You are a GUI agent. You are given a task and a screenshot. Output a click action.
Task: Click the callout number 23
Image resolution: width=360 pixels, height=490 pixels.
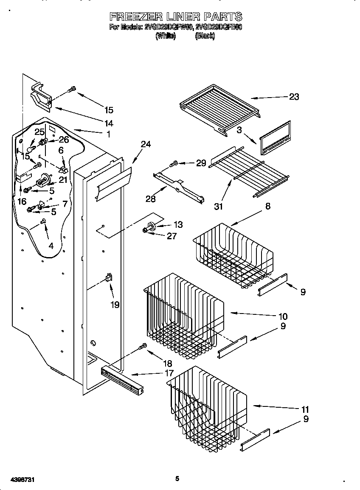[x=294, y=97]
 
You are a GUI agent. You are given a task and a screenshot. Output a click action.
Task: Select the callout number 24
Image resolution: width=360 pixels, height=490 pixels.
[x=146, y=144]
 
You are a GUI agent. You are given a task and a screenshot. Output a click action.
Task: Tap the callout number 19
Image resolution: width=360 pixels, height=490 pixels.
[x=115, y=304]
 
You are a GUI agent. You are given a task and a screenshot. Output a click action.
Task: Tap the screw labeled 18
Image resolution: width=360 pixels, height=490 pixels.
[x=143, y=347]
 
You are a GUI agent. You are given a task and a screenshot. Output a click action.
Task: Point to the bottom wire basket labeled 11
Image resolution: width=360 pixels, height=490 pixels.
[x=208, y=405]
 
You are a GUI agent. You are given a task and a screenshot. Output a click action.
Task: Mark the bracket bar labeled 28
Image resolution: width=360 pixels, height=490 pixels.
[x=178, y=186]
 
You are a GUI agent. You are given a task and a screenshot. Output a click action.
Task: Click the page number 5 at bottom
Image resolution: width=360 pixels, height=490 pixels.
[x=177, y=479]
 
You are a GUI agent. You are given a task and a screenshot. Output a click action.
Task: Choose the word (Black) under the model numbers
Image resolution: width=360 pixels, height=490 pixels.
[x=205, y=36]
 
